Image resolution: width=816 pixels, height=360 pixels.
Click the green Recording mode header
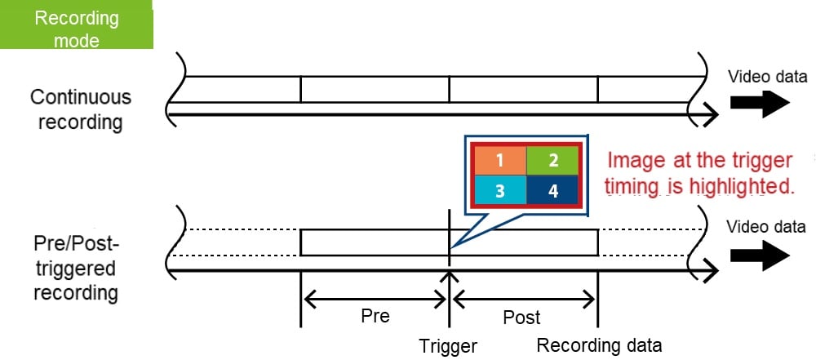pos(76,27)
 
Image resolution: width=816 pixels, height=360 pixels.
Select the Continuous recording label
pos(80,109)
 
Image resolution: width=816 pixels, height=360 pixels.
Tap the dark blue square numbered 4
pos(552,190)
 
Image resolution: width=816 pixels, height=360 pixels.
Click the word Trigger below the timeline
pos(448,345)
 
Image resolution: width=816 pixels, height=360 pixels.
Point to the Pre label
pos(375,316)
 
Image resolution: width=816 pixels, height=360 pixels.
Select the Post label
pos(522,317)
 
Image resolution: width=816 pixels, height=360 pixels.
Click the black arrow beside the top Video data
pos(759,102)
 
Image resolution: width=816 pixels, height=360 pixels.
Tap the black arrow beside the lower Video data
pos(759,255)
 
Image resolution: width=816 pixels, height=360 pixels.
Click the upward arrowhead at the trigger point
pos(448,276)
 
